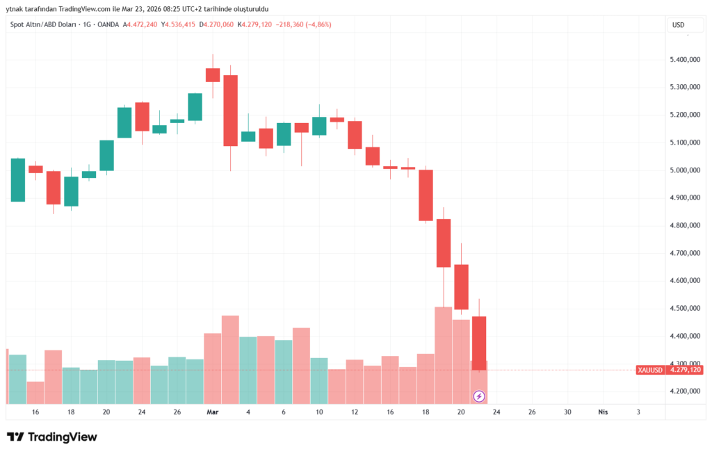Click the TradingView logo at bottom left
[x=52, y=437]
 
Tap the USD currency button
[x=678, y=25]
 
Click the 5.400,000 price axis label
[x=684, y=60]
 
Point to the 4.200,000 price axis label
[x=684, y=391]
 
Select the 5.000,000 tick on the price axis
[x=684, y=170]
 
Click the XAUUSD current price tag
[x=669, y=370]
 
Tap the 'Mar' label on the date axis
[x=213, y=412]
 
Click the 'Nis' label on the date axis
[x=603, y=412]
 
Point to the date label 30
[x=567, y=412]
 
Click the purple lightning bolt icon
[x=479, y=396]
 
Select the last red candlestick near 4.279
[x=479, y=343]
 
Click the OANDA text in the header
[x=108, y=25]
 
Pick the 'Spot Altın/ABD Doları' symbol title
[x=42, y=25]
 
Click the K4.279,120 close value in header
[x=254, y=25]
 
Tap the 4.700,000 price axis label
[x=684, y=253]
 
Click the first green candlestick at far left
[x=18, y=180]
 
